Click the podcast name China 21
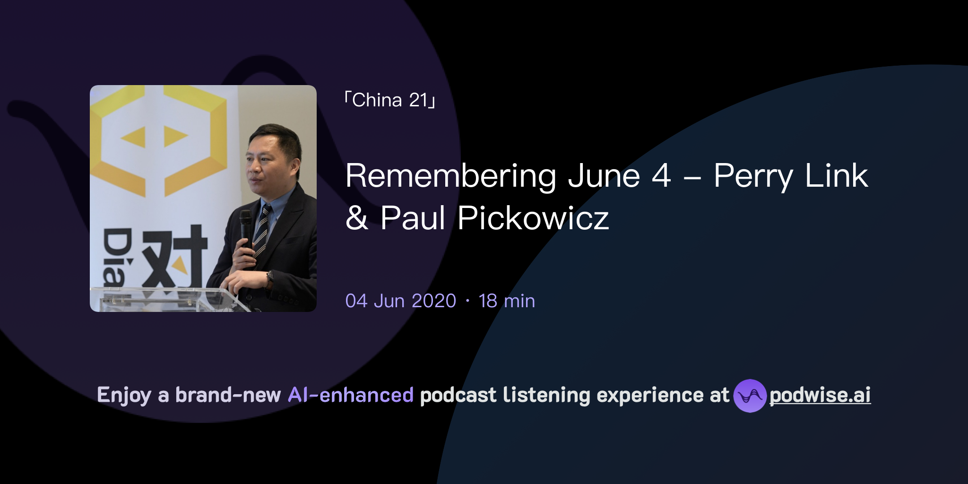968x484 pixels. click(x=390, y=100)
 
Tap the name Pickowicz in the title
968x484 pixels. click(x=533, y=218)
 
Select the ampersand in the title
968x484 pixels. click(x=356, y=218)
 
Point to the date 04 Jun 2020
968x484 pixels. click(x=400, y=301)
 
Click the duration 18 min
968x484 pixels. click(x=507, y=301)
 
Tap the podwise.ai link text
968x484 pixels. click(x=820, y=395)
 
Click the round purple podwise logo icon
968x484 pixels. click(x=750, y=396)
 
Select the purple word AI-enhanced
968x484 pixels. click(x=351, y=395)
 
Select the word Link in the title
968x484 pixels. click(x=836, y=176)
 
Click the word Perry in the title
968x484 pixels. click(x=753, y=176)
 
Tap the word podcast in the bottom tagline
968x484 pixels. click(x=458, y=395)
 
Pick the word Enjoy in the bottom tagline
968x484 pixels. click(x=124, y=395)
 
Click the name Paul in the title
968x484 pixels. click(x=413, y=218)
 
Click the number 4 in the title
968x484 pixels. click(x=661, y=176)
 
